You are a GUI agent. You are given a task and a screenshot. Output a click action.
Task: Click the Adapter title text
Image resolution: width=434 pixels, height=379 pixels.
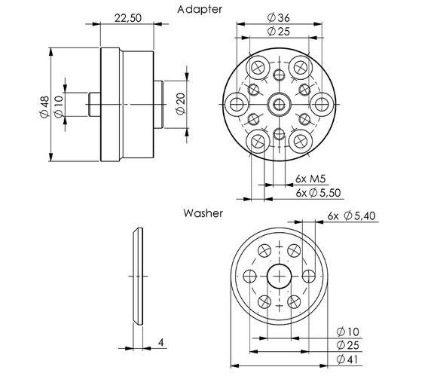point(200,9)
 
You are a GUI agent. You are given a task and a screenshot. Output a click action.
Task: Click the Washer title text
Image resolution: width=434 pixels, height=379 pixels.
point(203,213)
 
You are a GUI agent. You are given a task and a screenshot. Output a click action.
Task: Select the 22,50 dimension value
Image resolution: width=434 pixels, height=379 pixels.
point(128,18)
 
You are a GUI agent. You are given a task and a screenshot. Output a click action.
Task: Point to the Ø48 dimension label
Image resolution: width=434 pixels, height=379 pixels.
point(44,106)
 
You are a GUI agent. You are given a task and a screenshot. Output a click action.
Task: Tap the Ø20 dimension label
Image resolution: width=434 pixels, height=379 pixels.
point(181,104)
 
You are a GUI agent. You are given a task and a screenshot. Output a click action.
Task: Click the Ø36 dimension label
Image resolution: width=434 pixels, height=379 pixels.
point(279,18)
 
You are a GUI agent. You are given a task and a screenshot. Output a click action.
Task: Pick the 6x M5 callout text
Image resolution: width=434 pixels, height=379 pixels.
point(310,179)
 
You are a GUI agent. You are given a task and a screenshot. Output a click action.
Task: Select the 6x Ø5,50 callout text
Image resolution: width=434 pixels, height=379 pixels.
point(318,193)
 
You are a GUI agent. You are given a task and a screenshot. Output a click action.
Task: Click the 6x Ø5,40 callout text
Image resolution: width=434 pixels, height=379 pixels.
point(352,215)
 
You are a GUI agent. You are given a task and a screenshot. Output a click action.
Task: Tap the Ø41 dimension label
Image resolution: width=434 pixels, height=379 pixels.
point(347,359)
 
